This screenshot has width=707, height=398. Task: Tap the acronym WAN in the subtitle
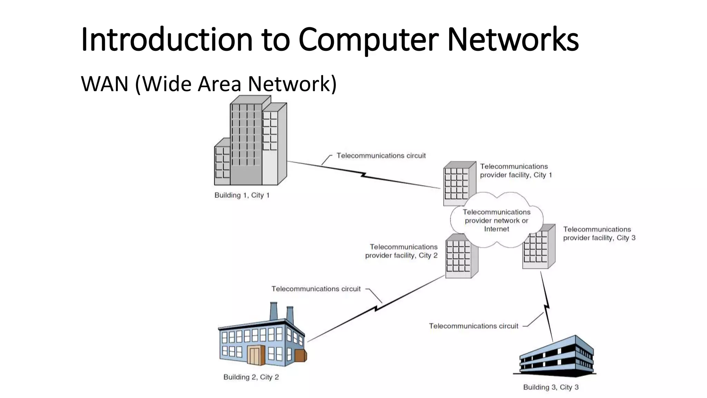pyautogui.click(x=105, y=84)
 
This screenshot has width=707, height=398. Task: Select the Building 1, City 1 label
pyautogui.click(x=242, y=195)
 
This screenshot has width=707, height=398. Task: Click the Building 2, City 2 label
pyautogui.click(x=251, y=377)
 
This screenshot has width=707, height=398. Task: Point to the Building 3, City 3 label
pyautogui.click(x=551, y=387)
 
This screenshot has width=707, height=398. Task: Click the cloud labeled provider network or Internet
pyautogui.click(x=496, y=220)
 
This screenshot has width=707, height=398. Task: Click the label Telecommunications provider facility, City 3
pyautogui.click(x=599, y=234)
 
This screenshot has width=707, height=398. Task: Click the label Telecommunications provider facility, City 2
pyautogui.click(x=401, y=251)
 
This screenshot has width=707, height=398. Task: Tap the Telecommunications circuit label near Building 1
pyautogui.click(x=381, y=156)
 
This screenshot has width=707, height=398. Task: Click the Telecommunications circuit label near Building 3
pyautogui.click(x=473, y=326)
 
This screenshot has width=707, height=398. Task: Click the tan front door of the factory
pyautogui.click(x=255, y=356)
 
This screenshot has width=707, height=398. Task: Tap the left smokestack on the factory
pyautogui.click(x=274, y=312)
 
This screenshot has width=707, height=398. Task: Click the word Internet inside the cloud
pyautogui.click(x=496, y=229)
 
